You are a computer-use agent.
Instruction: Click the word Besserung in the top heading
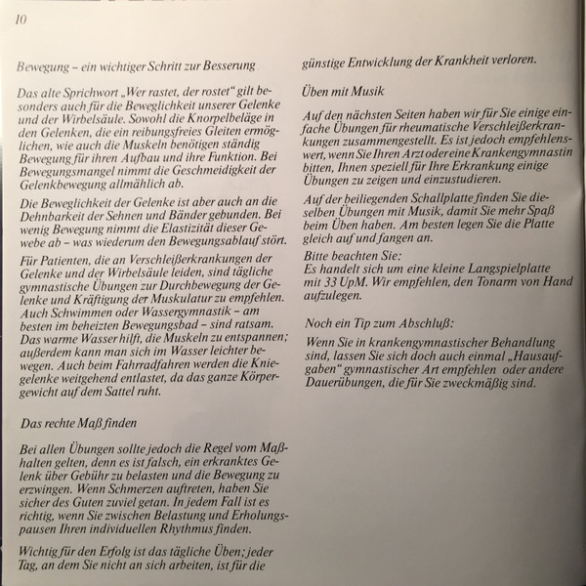point(229,66)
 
